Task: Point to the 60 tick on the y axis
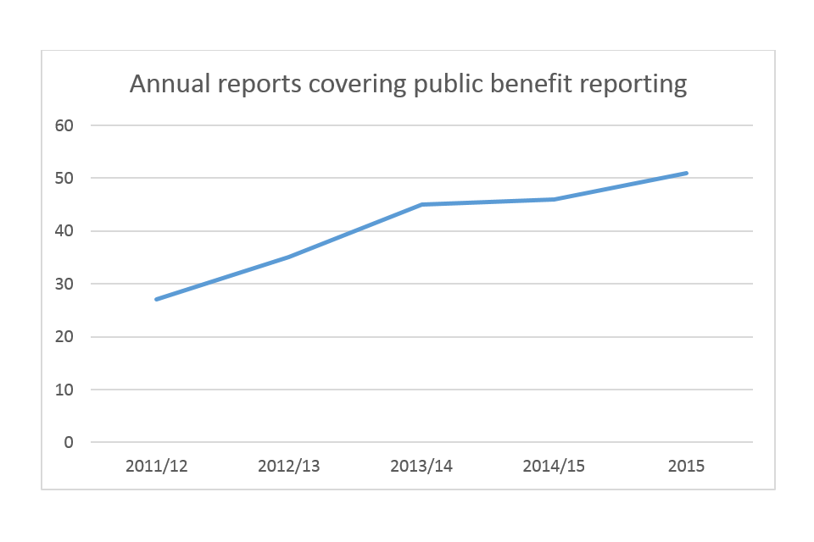[x=65, y=125]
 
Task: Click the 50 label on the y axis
[x=65, y=178]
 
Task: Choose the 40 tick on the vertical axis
[x=65, y=231]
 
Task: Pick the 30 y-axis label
[x=65, y=284]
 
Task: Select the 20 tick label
[x=65, y=337]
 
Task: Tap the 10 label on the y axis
[x=65, y=390]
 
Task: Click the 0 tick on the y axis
[x=70, y=443]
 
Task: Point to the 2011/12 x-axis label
[x=156, y=467]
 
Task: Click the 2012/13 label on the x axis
[x=289, y=467]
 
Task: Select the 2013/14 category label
[x=421, y=467]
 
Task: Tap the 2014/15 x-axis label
[x=554, y=467]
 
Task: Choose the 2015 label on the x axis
[x=686, y=467]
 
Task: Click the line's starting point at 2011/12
[x=157, y=299]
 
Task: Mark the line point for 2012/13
[x=289, y=257]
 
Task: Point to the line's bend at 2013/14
[x=421, y=204]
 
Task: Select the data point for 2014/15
[x=554, y=199]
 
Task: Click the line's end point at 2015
[x=686, y=173]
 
